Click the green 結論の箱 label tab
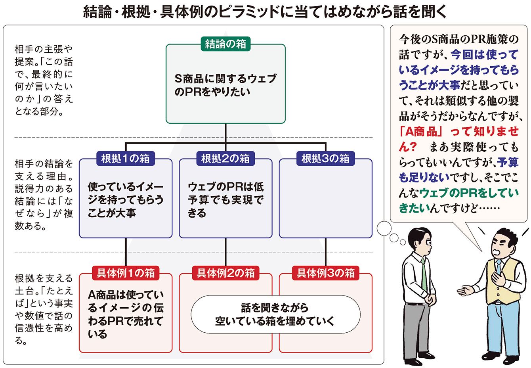pos(225,44)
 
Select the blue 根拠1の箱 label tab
pos(125,159)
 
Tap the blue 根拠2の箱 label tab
pos(225,159)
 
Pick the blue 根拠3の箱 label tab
pos(325,159)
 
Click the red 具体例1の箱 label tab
pos(125,273)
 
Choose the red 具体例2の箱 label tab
pos(225,273)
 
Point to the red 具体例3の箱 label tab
pos(325,273)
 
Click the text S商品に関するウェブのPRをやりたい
pos(225,85)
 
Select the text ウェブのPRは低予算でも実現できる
pos(225,199)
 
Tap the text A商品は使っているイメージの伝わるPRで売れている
pos(125,314)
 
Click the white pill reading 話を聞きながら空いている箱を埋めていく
pos(275,314)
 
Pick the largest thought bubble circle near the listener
pos(384,228)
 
